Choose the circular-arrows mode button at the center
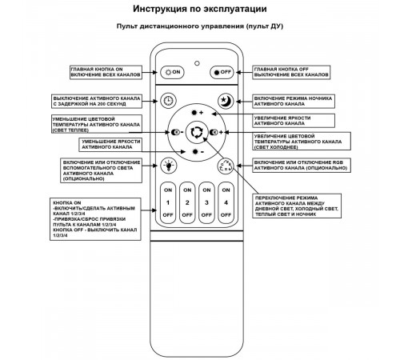[x=196, y=132]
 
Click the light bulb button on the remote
[x=168, y=166]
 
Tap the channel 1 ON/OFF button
[x=168, y=203]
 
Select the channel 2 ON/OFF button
[x=186, y=203]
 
